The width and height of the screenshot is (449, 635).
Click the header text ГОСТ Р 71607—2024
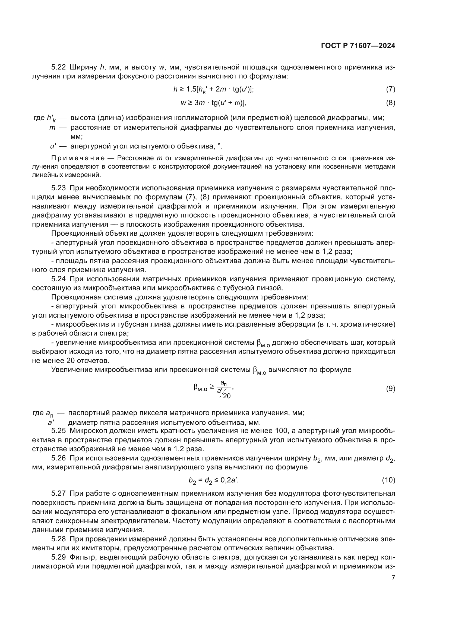pos(358,46)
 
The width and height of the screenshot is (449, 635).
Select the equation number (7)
pos(390,89)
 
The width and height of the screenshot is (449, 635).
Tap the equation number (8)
pos(390,103)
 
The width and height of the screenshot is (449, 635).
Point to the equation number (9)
pos(390,389)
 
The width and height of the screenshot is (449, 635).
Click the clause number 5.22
pos(58,67)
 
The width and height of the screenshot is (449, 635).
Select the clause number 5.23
pos(58,188)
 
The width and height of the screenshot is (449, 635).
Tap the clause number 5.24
pos(58,279)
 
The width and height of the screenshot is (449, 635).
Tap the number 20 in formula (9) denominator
pos(227,396)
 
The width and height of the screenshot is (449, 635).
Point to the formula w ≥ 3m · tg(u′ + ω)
pos(213,103)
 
